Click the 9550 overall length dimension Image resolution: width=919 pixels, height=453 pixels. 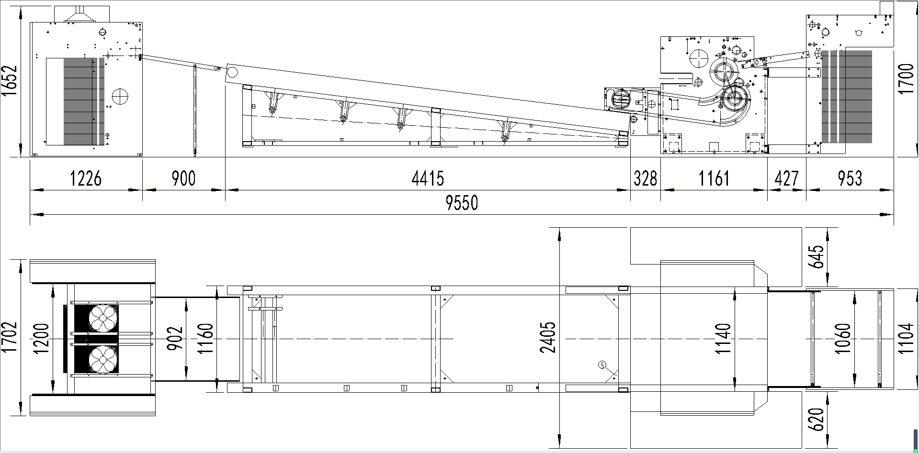coord(462,203)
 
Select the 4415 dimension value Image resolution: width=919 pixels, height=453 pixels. coord(428,178)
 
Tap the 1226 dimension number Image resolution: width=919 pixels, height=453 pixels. coord(86,178)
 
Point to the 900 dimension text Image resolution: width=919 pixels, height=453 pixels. coord(183,178)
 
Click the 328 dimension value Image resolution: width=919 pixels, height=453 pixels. coord(646,178)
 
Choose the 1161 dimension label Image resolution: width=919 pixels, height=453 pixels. coord(714,178)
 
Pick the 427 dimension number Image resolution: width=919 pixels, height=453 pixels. coord(786,178)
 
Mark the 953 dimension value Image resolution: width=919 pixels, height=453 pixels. coord(850,178)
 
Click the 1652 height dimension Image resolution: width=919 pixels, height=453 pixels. coord(10,81)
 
